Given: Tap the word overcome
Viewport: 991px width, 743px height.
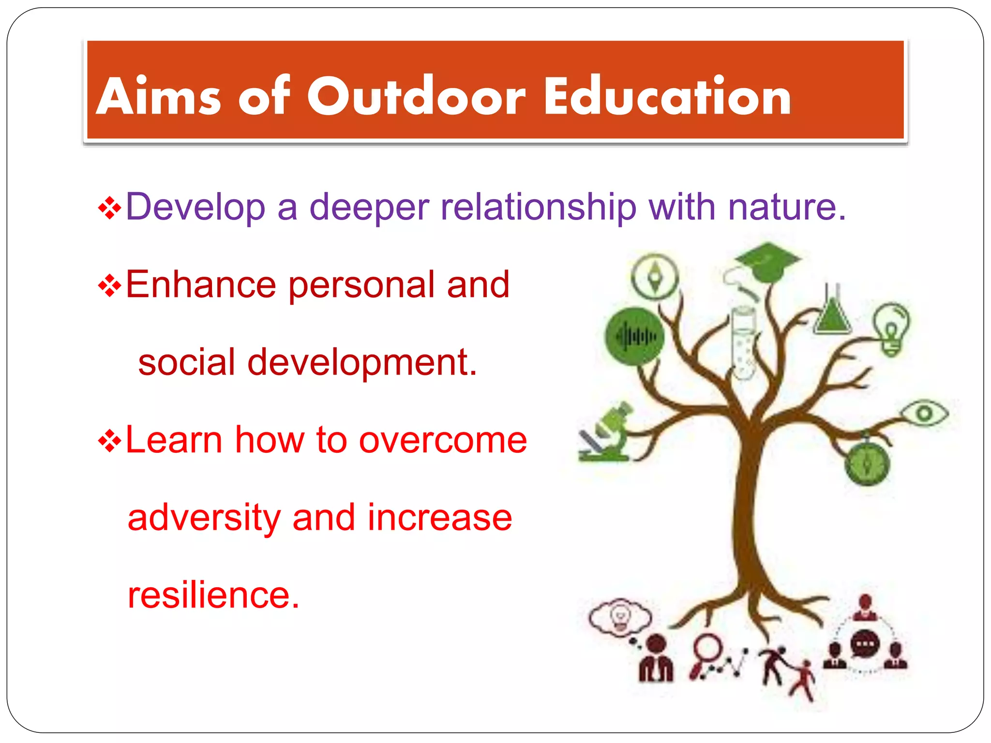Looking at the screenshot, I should [443, 440].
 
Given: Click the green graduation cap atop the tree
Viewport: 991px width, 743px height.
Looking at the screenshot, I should [768, 262].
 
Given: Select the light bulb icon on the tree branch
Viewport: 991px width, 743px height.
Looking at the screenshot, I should [891, 329].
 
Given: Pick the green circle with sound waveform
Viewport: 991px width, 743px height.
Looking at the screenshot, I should [634, 336].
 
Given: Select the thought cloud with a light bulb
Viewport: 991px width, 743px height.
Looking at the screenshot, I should [620, 617].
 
